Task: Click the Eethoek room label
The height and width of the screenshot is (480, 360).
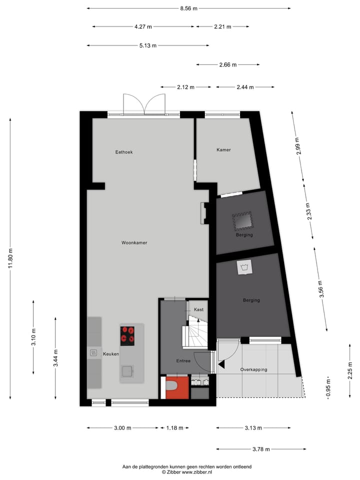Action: point(123,151)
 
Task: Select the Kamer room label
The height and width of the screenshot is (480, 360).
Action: point(223,149)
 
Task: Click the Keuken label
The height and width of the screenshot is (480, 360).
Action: point(110,353)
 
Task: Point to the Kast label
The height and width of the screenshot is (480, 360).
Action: point(198,309)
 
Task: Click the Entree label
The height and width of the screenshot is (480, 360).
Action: point(183,360)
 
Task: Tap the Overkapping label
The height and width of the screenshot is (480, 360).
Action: point(253,369)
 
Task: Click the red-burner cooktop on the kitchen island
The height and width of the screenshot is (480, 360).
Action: point(127,335)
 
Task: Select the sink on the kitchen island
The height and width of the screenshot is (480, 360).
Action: point(127,370)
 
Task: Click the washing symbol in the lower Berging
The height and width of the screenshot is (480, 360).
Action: point(244,268)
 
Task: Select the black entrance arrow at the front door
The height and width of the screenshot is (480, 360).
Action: point(221,366)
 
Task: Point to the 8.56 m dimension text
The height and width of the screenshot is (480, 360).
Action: point(188,8)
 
